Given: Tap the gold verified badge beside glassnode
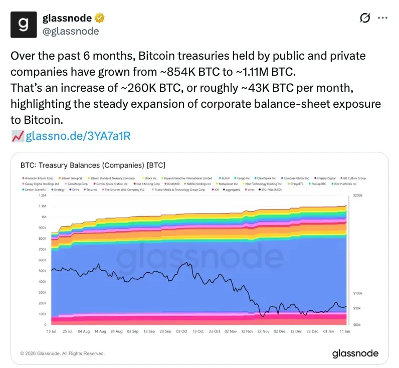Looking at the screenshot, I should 100,18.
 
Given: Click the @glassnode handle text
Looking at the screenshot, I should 71,31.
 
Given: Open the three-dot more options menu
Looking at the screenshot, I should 382,18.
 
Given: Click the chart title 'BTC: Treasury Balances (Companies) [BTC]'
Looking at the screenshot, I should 93,165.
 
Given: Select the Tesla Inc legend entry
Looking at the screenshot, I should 91,190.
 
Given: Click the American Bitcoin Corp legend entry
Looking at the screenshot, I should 39,178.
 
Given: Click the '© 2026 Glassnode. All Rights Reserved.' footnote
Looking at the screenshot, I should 63,353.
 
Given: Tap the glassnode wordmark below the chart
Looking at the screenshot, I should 355,353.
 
